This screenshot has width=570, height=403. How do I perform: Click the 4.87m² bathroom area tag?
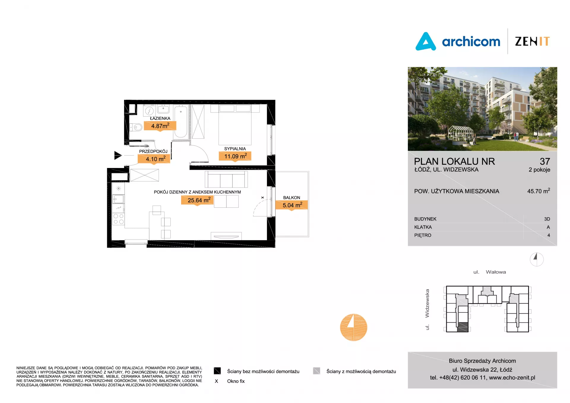[160, 126]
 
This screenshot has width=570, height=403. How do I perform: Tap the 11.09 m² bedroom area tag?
[235, 156]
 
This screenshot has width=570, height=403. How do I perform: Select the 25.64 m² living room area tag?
[197, 200]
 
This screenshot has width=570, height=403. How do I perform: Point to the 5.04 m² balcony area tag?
[292, 205]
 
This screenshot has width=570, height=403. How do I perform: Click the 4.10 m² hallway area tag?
[154, 159]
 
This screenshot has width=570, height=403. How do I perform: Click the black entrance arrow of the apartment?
[118, 155]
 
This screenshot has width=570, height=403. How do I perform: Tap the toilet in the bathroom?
[136, 128]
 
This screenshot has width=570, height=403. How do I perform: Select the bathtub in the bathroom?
[181, 121]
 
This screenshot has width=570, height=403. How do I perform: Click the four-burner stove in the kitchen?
[118, 219]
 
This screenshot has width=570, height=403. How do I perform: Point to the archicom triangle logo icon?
[426, 42]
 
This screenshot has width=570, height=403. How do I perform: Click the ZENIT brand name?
[532, 41]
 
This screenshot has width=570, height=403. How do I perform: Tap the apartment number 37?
[545, 161]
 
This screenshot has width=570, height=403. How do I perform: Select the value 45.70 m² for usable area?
[539, 191]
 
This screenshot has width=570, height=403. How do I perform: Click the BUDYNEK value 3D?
[547, 219]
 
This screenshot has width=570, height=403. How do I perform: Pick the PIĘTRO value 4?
[549, 235]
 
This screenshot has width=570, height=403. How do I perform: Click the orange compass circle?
[354, 327]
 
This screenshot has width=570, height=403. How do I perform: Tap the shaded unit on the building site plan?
[463, 327]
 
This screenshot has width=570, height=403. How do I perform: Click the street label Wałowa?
[496, 272]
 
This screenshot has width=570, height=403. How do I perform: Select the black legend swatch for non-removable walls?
[217, 371]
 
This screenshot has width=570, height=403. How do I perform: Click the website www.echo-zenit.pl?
[512, 377]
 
